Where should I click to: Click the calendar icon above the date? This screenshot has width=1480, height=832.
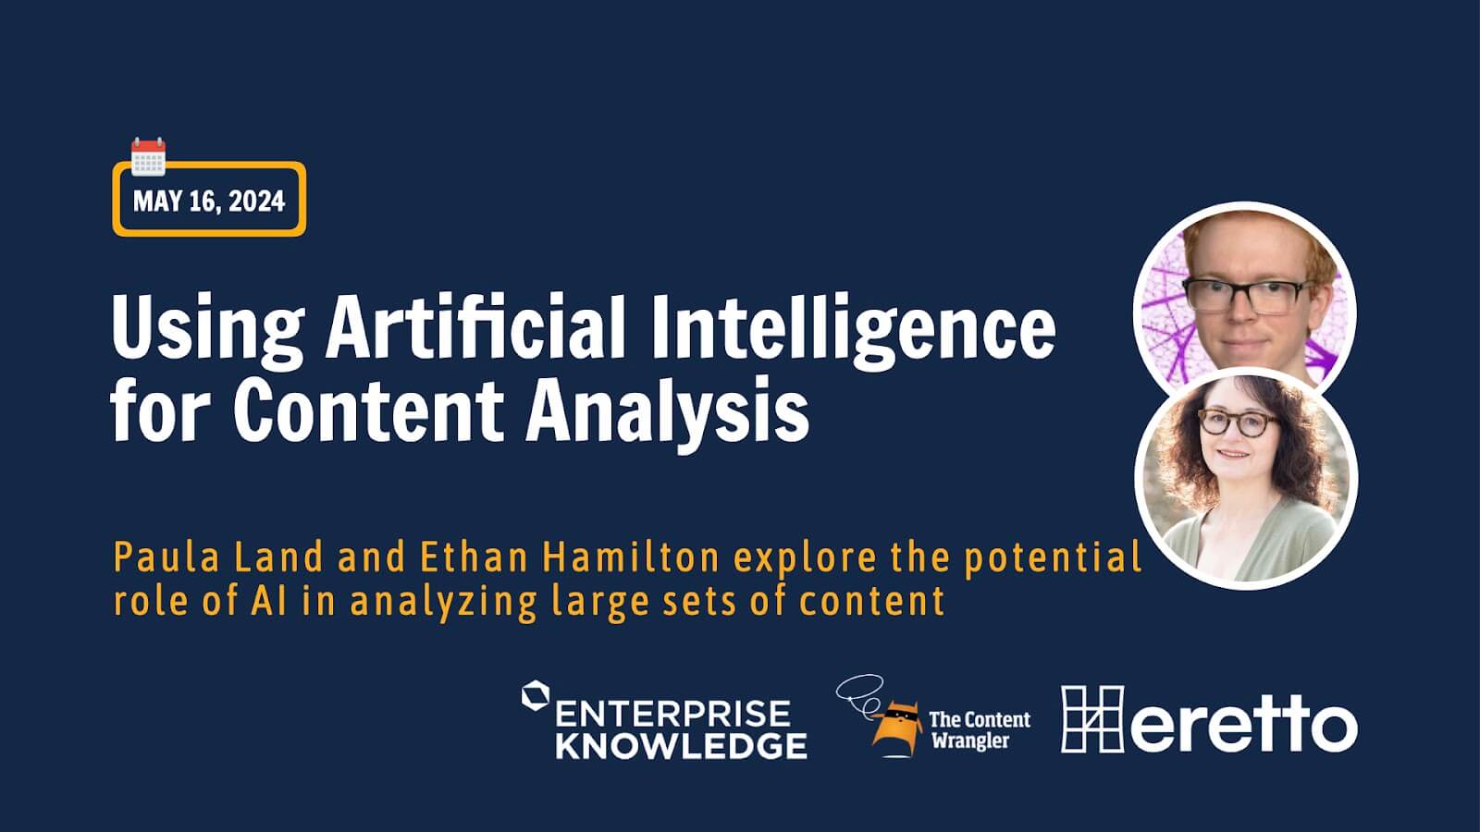click(148, 157)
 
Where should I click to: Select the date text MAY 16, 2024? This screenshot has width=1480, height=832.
click(209, 201)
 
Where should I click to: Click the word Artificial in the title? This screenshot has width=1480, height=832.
click(475, 327)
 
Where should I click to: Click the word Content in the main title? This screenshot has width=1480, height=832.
click(369, 410)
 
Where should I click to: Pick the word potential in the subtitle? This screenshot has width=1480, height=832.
click(1053, 558)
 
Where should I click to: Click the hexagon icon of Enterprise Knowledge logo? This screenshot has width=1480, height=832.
click(536, 695)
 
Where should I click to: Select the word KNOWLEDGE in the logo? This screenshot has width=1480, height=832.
click(681, 746)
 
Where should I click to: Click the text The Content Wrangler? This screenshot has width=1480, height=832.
click(980, 729)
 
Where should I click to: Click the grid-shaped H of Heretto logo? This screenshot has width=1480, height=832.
click(1092, 719)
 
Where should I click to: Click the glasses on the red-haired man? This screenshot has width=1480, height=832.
click(1244, 296)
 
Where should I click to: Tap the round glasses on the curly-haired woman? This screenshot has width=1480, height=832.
click(1236, 422)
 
